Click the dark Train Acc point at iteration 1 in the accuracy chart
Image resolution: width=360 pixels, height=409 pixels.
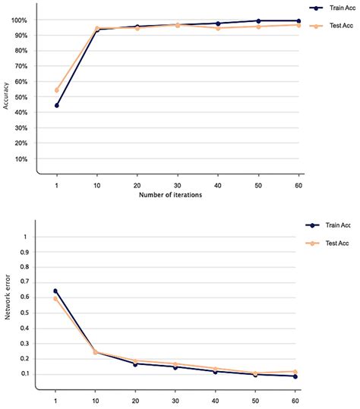coord(57,105)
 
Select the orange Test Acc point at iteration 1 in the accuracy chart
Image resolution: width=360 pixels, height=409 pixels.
coord(57,90)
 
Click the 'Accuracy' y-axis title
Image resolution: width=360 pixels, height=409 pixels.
coord(7,95)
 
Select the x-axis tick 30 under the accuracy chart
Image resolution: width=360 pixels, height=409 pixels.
coord(176,185)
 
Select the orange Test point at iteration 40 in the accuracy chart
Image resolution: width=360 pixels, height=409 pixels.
coord(217,28)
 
